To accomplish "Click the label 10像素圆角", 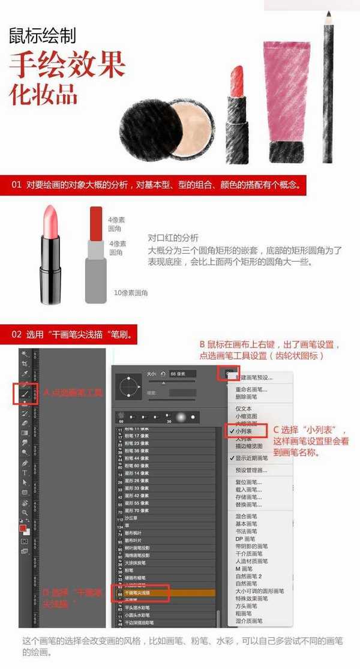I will [131, 293].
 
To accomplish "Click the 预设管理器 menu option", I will [251, 470].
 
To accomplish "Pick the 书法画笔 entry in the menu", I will [247, 531].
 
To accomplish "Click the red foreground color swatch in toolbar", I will [23, 528].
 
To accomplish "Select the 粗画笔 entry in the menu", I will [243, 613].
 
